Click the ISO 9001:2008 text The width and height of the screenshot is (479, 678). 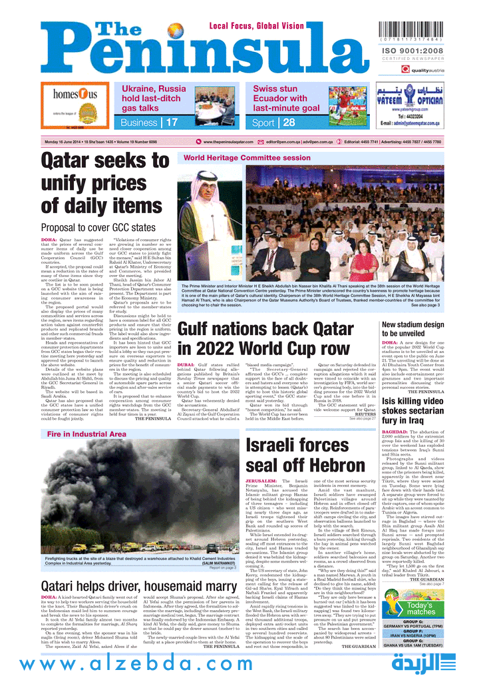pos(425,51)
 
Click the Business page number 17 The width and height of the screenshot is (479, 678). pos(172,123)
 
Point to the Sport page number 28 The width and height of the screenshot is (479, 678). pos(289,123)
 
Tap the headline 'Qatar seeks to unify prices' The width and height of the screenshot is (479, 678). pos(105,181)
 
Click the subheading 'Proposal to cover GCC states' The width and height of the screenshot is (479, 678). pos(98,227)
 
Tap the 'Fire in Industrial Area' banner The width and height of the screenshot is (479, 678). pos(86,434)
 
